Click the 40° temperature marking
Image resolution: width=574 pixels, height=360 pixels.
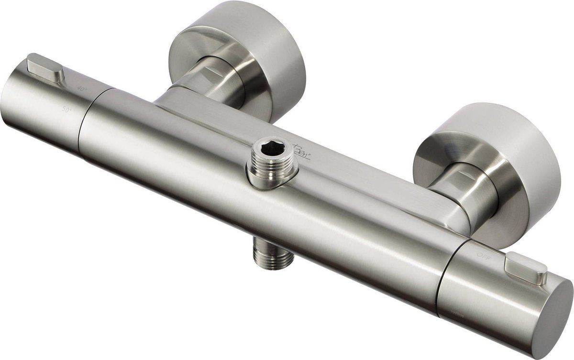[x=84, y=89]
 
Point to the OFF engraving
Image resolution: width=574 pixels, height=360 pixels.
[x=483, y=257]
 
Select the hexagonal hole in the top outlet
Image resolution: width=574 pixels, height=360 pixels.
[x=268, y=148]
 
